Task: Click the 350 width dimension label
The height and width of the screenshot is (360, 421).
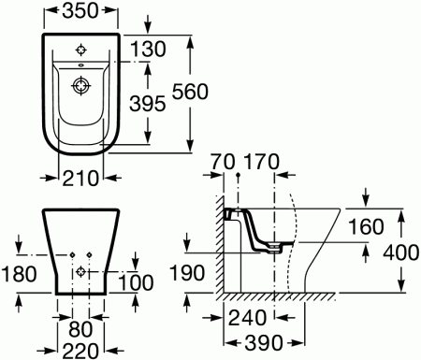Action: (x=80, y=10)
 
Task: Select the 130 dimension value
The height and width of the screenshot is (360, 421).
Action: (x=148, y=50)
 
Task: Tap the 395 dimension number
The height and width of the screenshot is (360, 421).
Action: (x=147, y=104)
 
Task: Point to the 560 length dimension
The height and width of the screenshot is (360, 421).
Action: (x=190, y=92)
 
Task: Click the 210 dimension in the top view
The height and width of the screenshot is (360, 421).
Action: (x=80, y=179)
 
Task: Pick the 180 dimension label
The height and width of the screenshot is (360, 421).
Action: (x=19, y=274)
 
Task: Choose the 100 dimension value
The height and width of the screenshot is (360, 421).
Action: (x=136, y=282)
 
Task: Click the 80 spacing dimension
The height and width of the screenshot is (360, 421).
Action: (x=80, y=329)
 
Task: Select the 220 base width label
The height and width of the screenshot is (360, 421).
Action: (x=80, y=351)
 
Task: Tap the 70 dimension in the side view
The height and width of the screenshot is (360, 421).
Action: (x=223, y=162)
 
